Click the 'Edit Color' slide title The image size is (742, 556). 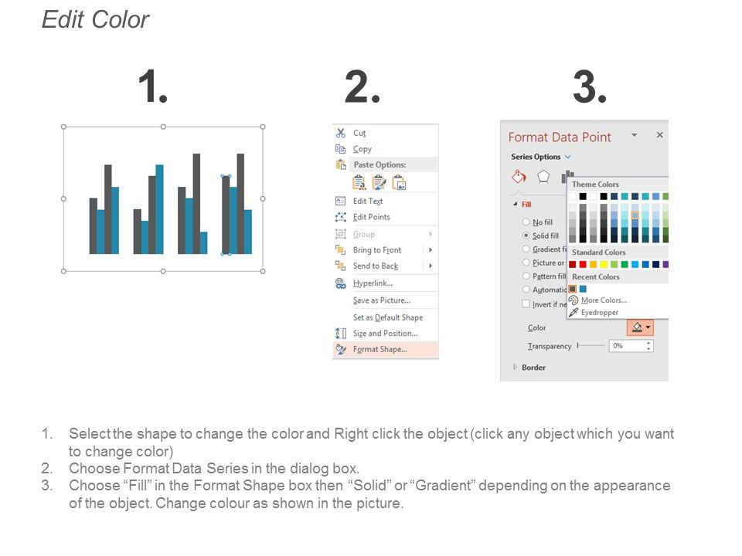(95, 20)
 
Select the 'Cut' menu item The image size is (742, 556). (359, 133)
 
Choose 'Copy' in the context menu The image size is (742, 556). (362, 149)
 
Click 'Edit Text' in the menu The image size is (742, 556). (368, 201)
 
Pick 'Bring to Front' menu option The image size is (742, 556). (377, 250)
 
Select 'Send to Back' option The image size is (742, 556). (376, 266)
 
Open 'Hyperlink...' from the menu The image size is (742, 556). (372, 283)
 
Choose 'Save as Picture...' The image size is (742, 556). (381, 300)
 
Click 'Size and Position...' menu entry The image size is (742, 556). (385, 334)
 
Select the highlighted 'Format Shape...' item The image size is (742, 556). (380, 350)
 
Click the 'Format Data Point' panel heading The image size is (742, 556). (560, 137)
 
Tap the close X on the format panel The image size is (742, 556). (659, 135)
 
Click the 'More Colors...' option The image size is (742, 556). (603, 300)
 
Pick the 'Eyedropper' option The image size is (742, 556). (598, 313)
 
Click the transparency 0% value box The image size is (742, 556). (626, 346)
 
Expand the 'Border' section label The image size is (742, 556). (533, 368)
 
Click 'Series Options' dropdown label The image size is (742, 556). (536, 157)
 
